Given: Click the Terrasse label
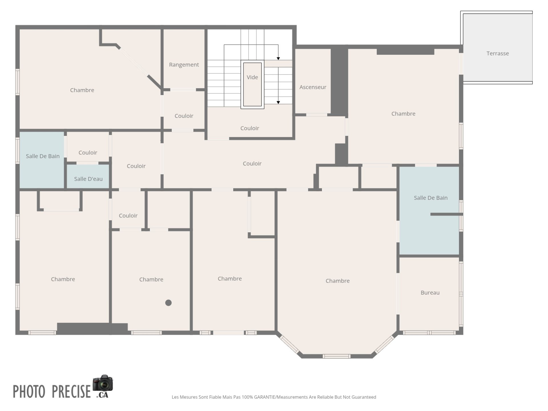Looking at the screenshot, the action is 497,53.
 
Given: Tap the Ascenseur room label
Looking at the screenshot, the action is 313,87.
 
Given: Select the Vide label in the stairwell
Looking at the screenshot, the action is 252,77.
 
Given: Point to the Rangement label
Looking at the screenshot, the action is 184,65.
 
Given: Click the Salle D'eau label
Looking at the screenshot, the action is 88,179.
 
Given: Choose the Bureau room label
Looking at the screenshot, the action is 430,293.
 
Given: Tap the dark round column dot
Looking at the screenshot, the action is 168,303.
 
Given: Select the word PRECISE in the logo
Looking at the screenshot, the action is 71,391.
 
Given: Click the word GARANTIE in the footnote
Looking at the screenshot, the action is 265,397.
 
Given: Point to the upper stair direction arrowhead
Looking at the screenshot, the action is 278,59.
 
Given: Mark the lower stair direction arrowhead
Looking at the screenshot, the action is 278,102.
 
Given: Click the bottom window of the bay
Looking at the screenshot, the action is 337,356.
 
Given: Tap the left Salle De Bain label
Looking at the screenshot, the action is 43,156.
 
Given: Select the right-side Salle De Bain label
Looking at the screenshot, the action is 430,198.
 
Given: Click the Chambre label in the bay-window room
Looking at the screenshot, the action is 337,281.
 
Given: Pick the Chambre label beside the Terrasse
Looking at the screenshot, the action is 403,114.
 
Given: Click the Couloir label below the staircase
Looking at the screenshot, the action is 249,128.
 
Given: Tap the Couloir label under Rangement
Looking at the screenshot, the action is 184,116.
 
